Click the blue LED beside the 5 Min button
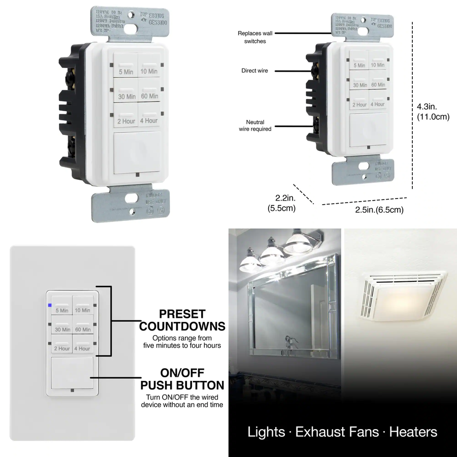click(x=49, y=306)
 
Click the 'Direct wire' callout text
click(x=254, y=71)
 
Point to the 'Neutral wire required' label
click(x=255, y=125)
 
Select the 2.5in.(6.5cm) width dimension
click(x=379, y=210)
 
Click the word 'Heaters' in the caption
click(x=413, y=432)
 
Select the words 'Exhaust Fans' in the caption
click(x=337, y=432)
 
